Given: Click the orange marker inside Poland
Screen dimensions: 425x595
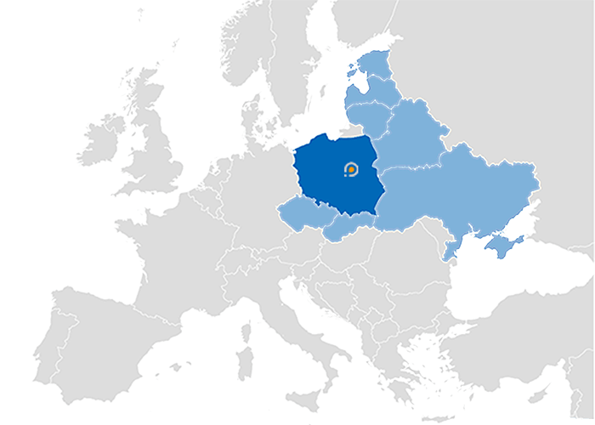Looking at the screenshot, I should (350, 171).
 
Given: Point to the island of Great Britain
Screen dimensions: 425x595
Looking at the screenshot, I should (157, 149).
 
